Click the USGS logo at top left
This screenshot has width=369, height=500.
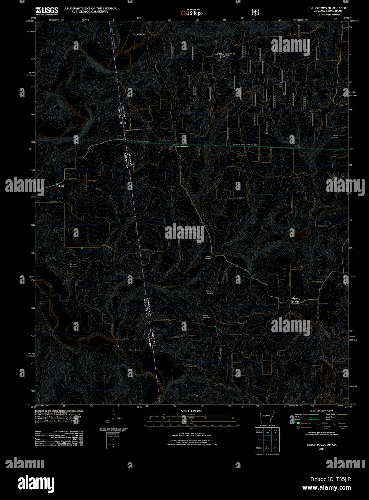pos(47,11)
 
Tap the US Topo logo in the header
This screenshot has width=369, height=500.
pos(192,13)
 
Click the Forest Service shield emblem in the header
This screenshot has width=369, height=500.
pos(256,12)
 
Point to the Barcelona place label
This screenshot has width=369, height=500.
pos(139,34)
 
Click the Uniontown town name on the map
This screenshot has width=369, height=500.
pos(182,147)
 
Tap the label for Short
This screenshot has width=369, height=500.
pos(60,186)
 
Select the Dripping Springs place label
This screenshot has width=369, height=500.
pos(295,300)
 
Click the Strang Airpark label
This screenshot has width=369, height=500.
pos(73,265)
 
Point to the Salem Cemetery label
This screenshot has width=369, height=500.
pos(334,136)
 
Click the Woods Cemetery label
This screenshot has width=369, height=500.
pos(206,317)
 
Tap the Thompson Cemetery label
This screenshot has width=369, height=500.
pos(210,292)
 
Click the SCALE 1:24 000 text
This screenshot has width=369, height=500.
pos(192,411)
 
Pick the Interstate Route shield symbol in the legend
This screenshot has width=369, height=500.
pos(298,423)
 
